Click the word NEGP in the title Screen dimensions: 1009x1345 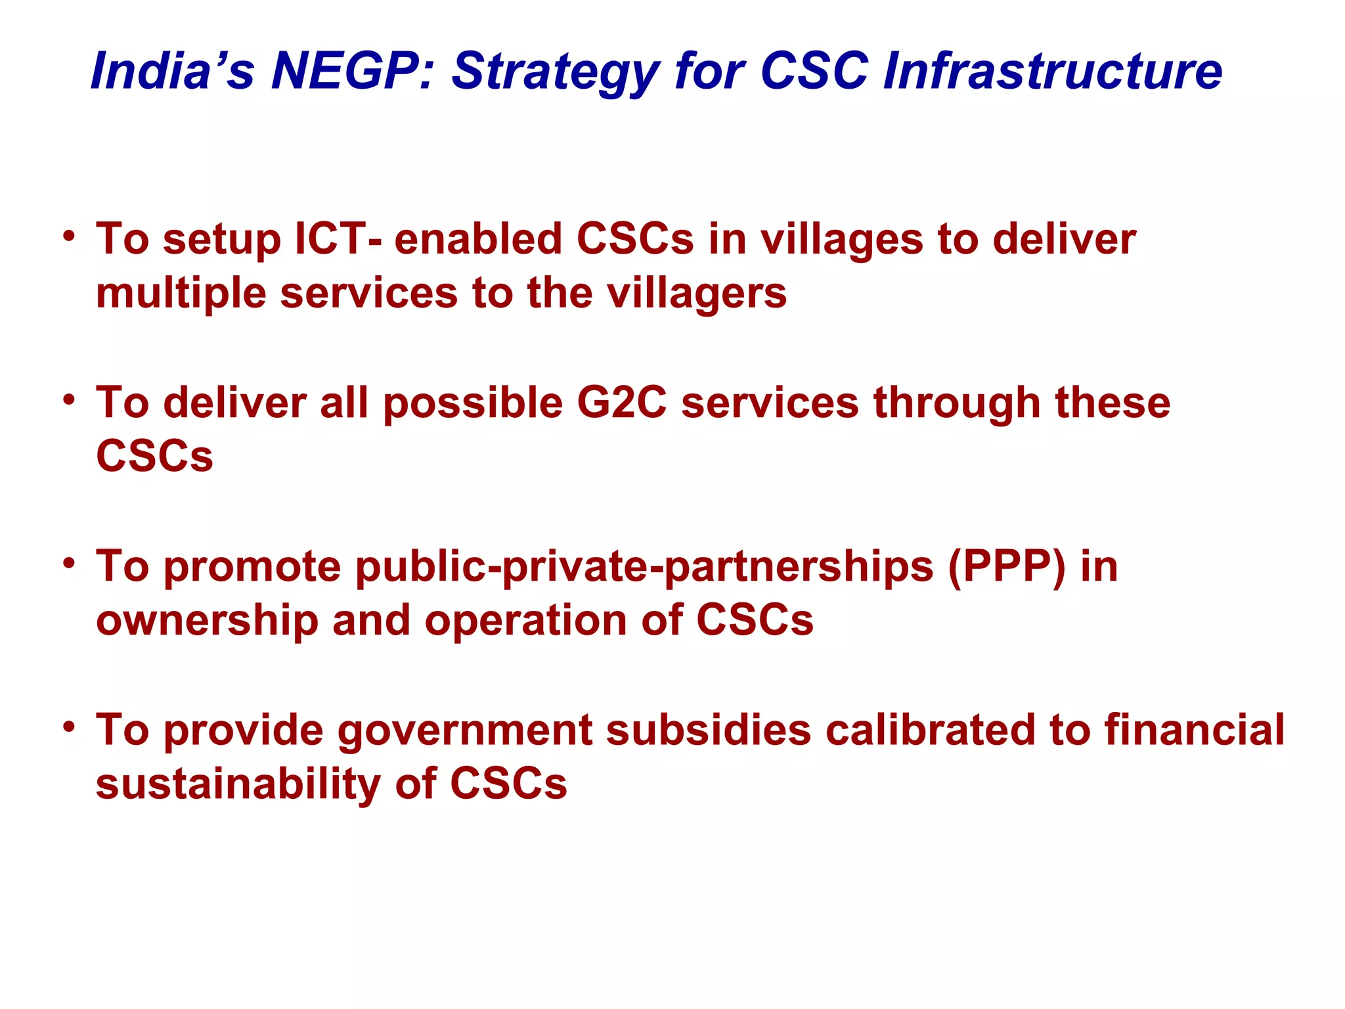(344, 70)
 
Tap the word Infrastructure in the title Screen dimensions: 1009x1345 (1053, 70)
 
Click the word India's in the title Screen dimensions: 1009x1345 (172, 70)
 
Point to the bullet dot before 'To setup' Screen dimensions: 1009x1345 (69, 235)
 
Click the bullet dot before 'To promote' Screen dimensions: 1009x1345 (69, 563)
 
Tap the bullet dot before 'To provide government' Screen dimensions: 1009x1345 (69, 727)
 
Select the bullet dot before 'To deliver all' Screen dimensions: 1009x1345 (69, 399)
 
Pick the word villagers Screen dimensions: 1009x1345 (696, 294)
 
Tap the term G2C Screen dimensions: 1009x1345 (621, 402)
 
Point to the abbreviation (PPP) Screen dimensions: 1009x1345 (1007, 567)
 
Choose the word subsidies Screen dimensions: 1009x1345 (708, 730)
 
